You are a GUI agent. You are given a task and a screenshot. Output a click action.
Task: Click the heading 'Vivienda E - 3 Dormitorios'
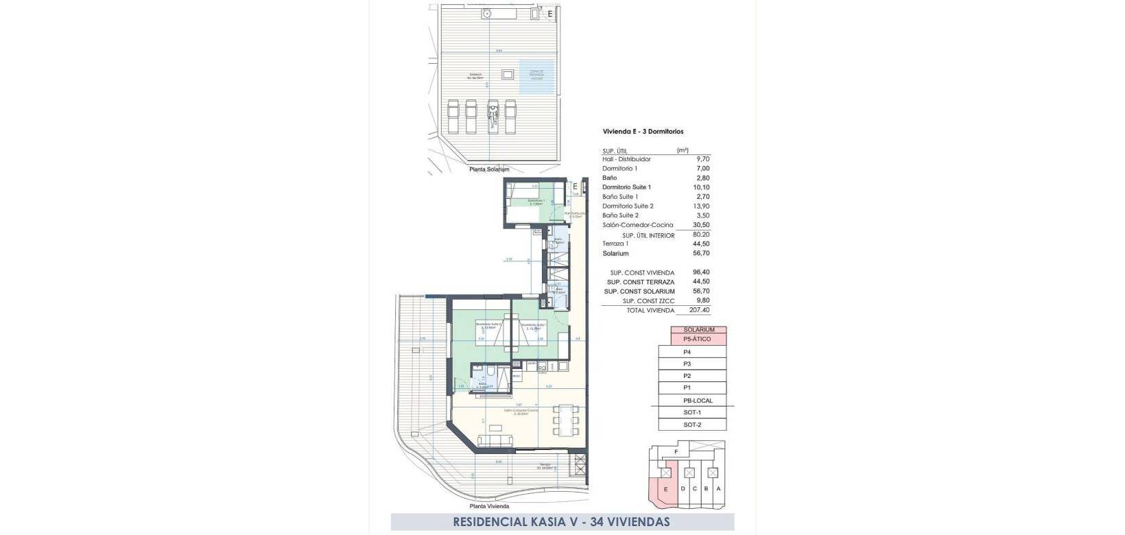(643, 132)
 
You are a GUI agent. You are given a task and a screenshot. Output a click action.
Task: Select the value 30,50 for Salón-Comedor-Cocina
(702, 225)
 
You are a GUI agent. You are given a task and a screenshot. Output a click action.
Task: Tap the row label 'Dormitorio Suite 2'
(628, 206)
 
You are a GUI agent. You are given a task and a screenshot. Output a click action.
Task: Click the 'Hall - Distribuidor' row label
(626, 159)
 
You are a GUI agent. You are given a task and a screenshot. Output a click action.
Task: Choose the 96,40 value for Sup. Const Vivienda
(701, 272)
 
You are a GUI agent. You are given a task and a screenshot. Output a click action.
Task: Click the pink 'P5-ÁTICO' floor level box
(698, 340)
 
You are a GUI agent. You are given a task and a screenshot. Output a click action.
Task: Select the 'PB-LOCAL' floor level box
(698, 401)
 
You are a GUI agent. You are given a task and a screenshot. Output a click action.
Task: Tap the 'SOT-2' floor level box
(692, 425)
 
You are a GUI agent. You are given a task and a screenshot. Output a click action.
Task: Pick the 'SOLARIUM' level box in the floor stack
(698, 330)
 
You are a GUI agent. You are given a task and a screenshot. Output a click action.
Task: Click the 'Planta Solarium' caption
(489, 169)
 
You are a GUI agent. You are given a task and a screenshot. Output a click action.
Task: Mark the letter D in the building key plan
(683, 488)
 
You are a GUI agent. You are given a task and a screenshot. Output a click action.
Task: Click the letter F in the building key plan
(676, 452)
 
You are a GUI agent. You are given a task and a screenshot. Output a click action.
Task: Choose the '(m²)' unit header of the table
(683, 150)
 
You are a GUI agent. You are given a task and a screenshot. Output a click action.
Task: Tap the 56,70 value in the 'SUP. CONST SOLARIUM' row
(701, 292)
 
